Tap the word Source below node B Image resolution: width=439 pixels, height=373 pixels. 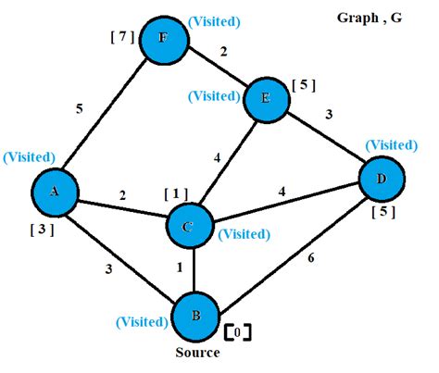[197, 353]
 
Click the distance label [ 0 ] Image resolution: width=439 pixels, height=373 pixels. [237, 330]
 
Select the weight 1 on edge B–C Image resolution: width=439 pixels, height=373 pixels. [180, 269]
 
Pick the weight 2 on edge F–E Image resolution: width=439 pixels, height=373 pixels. [223, 52]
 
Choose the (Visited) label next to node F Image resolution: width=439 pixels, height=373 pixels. [216, 20]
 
